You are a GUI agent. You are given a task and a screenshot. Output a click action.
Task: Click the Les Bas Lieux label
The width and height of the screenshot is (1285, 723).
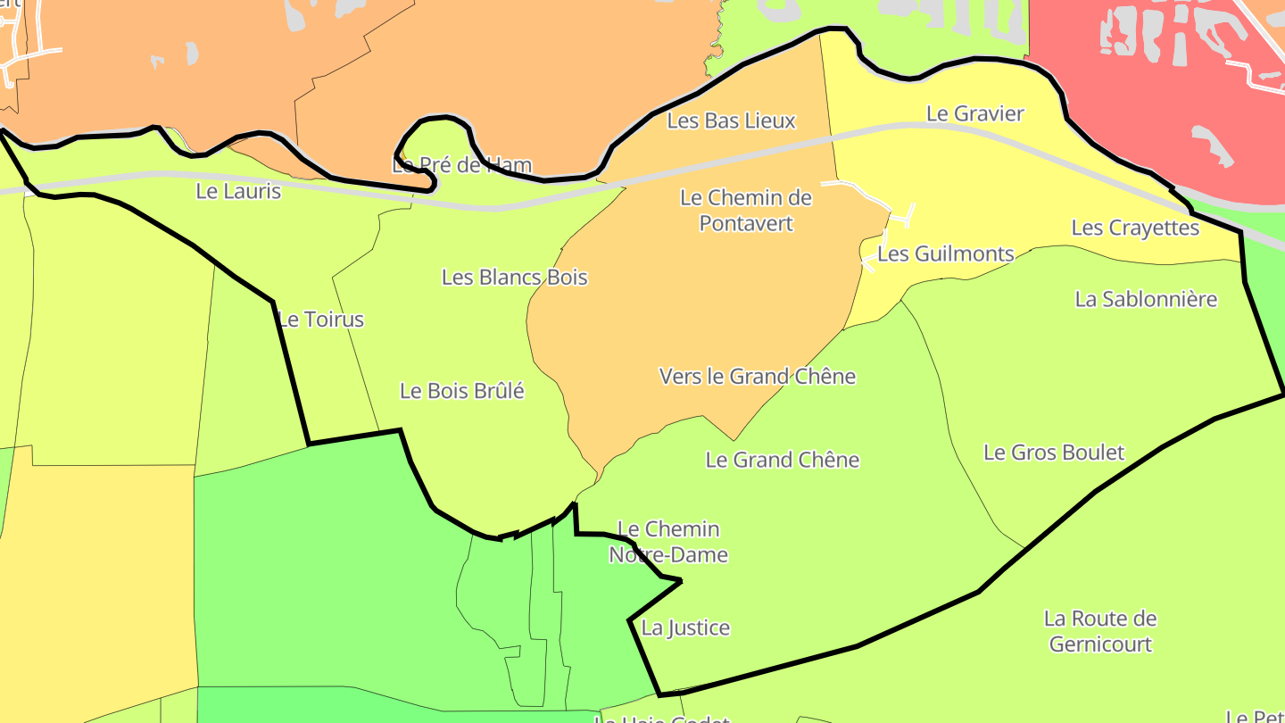coord(731,120)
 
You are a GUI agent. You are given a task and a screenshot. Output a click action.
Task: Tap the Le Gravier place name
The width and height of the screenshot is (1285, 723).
coord(974,113)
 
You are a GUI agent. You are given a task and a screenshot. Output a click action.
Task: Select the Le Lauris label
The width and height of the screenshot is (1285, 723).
coord(238,191)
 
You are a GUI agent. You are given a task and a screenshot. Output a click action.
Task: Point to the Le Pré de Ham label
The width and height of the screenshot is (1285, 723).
coord(462,165)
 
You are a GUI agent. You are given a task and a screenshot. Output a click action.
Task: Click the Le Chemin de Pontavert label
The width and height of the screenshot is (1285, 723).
coord(746,210)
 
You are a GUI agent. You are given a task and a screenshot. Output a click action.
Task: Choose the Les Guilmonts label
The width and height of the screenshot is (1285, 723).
coord(946,253)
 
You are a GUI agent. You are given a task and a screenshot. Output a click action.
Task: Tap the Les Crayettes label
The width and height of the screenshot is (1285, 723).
coord(1135,228)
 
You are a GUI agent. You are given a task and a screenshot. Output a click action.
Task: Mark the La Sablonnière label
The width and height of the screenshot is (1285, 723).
coord(1146,299)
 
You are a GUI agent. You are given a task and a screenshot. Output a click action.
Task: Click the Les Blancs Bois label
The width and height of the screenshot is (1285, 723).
coord(515,277)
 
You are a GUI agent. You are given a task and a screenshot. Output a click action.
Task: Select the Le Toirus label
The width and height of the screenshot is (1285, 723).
coord(321,320)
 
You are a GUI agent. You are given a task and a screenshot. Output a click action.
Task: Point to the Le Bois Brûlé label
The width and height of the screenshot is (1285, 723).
coord(461,390)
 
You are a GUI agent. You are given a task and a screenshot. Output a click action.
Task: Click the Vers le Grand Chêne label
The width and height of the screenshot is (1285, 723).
coord(757,377)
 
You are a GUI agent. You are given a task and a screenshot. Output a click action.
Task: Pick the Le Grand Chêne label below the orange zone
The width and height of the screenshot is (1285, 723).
coord(782,460)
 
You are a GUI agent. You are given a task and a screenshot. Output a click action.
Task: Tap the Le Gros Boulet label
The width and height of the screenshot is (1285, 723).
coord(1053,453)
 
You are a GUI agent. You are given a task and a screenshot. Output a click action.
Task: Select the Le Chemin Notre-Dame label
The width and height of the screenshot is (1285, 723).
coord(668,542)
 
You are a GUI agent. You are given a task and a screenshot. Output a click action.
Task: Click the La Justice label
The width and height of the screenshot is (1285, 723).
coord(685,627)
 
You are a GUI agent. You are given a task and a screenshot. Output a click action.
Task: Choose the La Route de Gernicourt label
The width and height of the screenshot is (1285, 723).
coord(1100,631)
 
